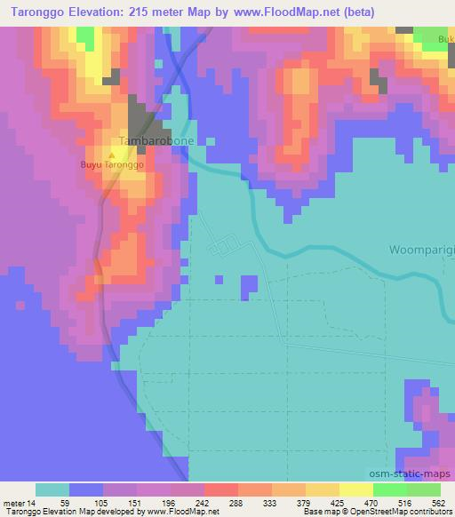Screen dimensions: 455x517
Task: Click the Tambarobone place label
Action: [156, 141]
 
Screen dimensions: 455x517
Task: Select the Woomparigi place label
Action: [421, 250]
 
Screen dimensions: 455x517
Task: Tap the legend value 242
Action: [203, 502]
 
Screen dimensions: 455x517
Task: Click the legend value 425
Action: [338, 502]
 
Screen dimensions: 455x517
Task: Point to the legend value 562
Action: [438, 502]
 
